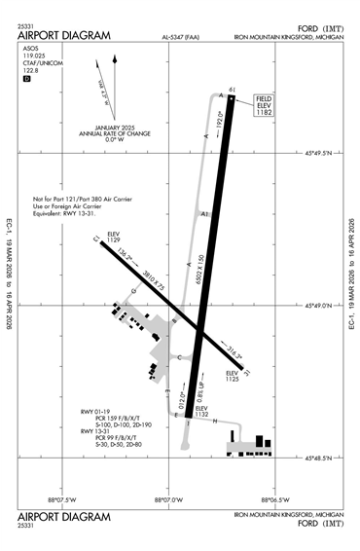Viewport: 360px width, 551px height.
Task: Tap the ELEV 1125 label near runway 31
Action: click(232, 377)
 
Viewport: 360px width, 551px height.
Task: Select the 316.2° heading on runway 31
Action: click(232, 354)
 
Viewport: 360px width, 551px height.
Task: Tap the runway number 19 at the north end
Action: click(232, 92)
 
